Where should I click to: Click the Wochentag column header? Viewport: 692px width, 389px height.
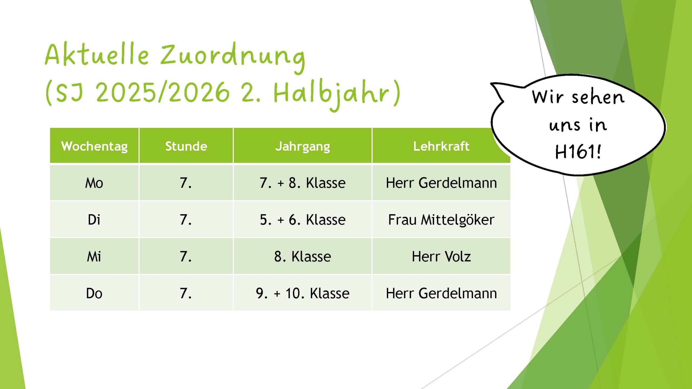coord(94,146)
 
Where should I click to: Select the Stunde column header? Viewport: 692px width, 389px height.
coord(186,146)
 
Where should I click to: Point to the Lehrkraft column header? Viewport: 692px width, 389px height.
coord(441,146)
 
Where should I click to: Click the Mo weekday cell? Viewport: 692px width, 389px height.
coord(94,183)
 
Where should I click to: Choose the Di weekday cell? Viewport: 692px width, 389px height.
coord(94,220)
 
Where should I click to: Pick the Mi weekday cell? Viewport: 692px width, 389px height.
coord(94,256)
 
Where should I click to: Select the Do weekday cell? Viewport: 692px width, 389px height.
coord(94,293)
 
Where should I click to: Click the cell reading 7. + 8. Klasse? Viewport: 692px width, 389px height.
coord(302,183)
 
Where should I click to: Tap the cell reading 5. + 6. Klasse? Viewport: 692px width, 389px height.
coord(302,220)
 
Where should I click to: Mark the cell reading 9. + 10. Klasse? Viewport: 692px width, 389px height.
coord(302,293)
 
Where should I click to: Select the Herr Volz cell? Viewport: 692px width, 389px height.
coord(441,256)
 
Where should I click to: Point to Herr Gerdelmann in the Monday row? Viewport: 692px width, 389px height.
coord(441,183)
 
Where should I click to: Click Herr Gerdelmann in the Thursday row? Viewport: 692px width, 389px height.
coord(441,293)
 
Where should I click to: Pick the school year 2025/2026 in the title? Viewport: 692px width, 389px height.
coord(162,93)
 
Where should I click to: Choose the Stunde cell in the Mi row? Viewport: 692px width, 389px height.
coord(186,256)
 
